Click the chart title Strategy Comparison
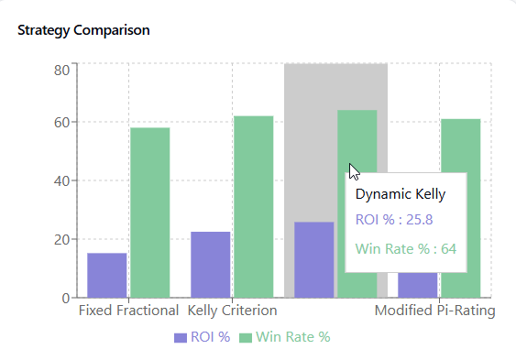[84, 30]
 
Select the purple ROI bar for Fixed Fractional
[107, 275]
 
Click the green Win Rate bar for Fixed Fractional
[149, 213]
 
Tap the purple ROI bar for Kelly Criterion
[211, 265]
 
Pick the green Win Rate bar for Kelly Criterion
[253, 207]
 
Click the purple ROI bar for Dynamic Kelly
[314, 260]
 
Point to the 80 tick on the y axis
[61, 71]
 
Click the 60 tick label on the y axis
[61, 123]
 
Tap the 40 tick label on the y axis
[61, 181]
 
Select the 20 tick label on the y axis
[61, 240]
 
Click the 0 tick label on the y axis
[65, 298]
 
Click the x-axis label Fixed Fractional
[128, 311]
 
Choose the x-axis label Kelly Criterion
[232, 311]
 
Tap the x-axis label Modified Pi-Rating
[434, 311]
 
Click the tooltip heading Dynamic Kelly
[401, 194]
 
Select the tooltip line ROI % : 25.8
[394, 220]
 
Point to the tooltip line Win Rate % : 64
[406, 248]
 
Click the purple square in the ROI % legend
[180, 338]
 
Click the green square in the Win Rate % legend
[245, 338]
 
